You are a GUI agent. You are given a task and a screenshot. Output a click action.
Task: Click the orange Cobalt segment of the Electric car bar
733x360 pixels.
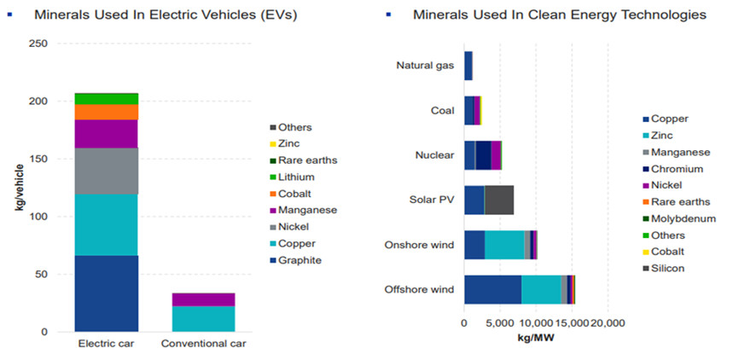[x=106, y=112]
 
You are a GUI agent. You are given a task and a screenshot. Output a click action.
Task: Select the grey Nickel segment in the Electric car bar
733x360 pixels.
[x=106, y=171]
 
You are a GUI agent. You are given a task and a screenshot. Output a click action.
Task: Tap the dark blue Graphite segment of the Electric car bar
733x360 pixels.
[x=106, y=293]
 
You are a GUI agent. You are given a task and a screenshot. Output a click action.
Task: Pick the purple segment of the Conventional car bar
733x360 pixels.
[x=203, y=299]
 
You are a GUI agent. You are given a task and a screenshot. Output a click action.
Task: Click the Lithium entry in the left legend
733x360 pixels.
[x=293, y=177]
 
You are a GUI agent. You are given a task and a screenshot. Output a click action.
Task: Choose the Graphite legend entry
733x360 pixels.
[x=296, y=259]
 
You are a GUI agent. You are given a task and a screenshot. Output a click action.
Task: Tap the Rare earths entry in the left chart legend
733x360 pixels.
[x=301, y=160]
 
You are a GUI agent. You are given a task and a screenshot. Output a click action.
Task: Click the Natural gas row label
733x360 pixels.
[x=425, y=66]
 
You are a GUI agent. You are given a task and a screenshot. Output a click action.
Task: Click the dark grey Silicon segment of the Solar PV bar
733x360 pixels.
[x=498, y=200]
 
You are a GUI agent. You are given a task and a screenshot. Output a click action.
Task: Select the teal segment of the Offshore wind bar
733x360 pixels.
[x=541, y=289]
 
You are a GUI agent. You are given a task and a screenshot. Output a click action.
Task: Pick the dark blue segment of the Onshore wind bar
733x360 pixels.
[x=474, y=244]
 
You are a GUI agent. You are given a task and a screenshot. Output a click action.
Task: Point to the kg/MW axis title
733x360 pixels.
[x=535, y=338]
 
